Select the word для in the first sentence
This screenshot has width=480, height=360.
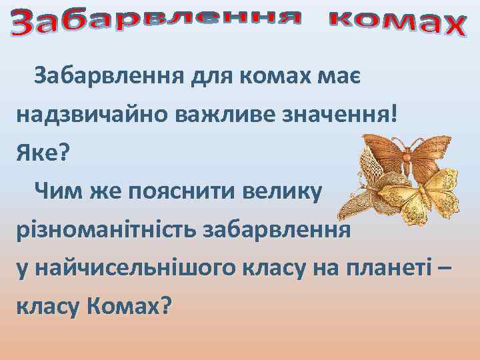pos(207,78)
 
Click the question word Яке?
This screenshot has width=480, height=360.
pos(43,154)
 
